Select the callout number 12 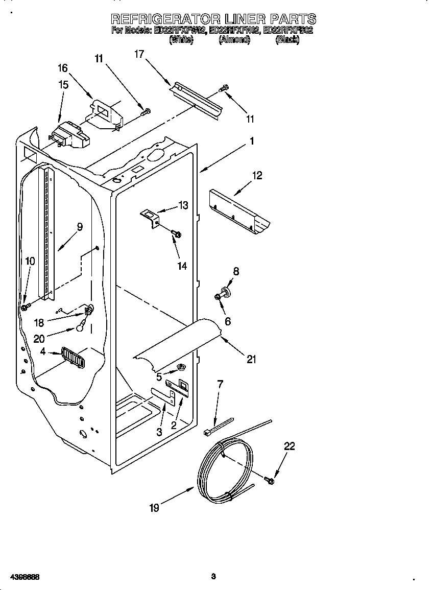coord(257,176)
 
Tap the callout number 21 coord(251,360)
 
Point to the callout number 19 coord(154,508)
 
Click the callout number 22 coord(290,446)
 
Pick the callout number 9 coord(80,227)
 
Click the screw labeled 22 coord(270,480)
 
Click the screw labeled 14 coord(177,234)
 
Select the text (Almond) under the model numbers coord(234,40)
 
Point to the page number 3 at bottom coord(213,577)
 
